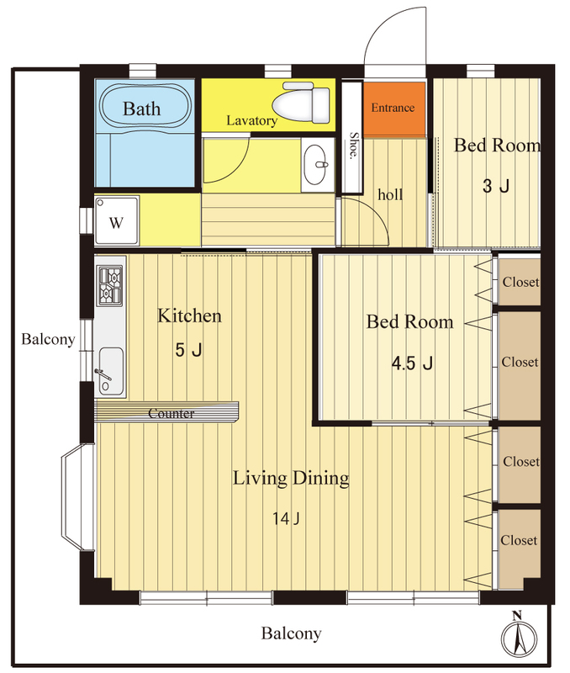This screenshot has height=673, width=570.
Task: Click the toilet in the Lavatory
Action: click(302, 103)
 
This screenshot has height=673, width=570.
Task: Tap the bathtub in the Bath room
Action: click(145, 106)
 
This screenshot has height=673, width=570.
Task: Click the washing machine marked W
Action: click(117, 221)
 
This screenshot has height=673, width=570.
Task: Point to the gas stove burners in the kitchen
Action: click(110, 285)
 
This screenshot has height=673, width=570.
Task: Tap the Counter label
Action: click(172, 413)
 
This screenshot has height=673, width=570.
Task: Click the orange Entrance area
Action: click(394, 108)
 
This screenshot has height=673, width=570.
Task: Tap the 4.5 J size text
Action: click(412, 363)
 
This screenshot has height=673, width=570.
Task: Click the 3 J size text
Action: click(496, 186)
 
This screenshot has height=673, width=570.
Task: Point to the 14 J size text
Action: click(286, 518)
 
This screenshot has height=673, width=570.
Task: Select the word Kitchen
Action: click(189, 315)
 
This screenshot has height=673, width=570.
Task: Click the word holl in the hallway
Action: click(390, 194)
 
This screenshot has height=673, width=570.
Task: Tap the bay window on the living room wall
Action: click(78, 497)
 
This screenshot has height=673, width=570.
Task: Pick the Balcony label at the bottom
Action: click(291, 633)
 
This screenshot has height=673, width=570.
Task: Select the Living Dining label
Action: click(291, 478)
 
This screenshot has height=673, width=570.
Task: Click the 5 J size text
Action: click(188, 350)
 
